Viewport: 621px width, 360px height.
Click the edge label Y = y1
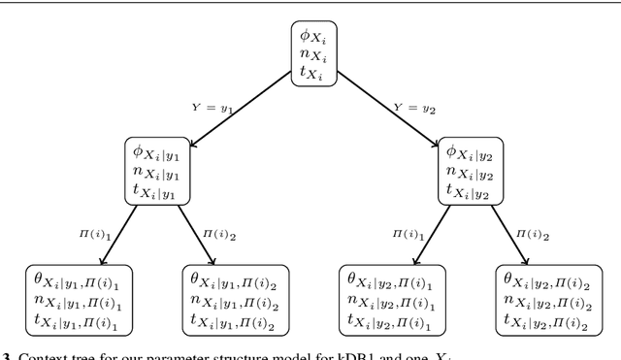tap(214, 107)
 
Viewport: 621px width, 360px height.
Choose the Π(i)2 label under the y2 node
tap(534, 234)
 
